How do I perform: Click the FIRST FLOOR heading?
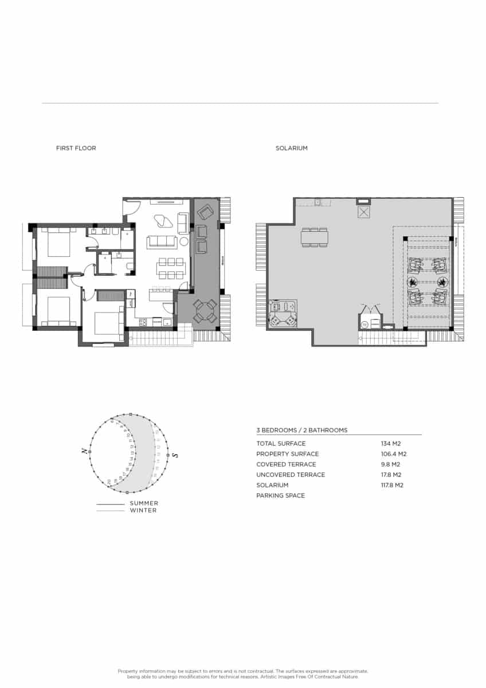pyautogui.click(x=76, y=148)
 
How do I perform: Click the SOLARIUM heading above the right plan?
pyautogui.click(x=291, y=148)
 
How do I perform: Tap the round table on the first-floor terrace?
pyautogui.click(x=205, y=311)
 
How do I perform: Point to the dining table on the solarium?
pyautogui.click(x=315, y=237)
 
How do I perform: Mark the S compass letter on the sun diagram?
pyautogui.click(x=176, y=455)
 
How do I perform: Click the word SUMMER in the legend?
pyautogui.click(x=144, y=503)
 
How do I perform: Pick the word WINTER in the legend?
pyautogui.click(x=143, y=510)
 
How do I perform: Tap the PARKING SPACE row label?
pyautogui.click(x=280, y=495)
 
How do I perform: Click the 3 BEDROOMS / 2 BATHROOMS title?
pyautogui.click(x=301, y=430)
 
